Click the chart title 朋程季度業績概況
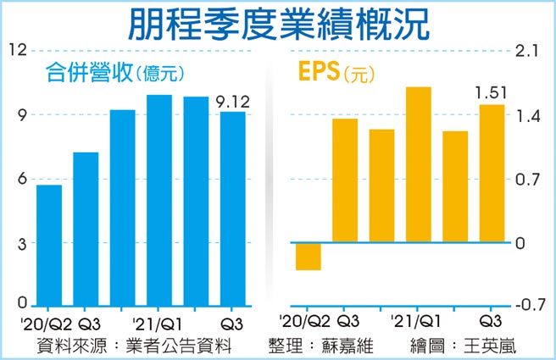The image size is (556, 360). (x=279, y=23)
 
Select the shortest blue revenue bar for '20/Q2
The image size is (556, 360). (x=48, y=245)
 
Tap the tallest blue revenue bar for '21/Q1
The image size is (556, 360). (x=159, y=200)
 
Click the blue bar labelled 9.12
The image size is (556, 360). (x=232, y=208)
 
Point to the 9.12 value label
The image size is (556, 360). (x=232, y=102)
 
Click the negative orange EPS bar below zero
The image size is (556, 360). (x=308, y=257)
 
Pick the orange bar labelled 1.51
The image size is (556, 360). (x=492, y=174)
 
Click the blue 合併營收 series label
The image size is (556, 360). (x=87, y=74)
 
